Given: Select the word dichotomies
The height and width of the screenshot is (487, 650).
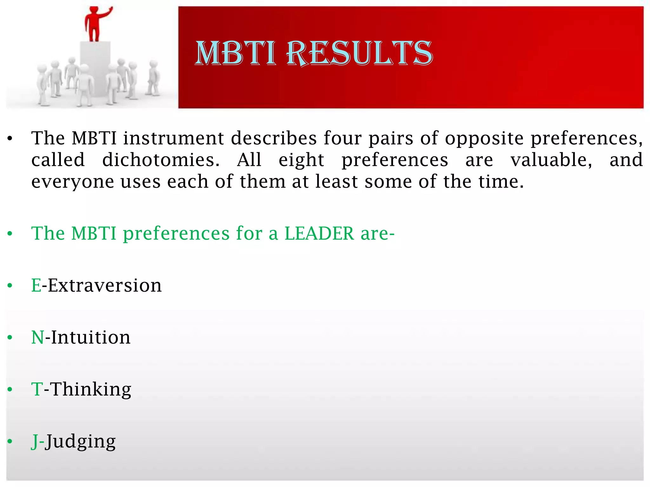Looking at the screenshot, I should click(161, 160).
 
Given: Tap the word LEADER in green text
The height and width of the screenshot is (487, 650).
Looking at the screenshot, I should click(319, 234).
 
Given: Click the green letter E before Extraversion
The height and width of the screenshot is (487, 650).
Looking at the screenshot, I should click(36, 285).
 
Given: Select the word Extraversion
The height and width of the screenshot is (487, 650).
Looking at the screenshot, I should click(105, 285).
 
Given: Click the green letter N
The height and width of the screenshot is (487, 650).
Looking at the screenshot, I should click(37, 337).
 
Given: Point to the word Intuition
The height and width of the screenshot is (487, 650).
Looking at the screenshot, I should click(91, 337).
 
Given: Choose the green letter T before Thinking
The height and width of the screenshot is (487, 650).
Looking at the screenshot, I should click(37, 389).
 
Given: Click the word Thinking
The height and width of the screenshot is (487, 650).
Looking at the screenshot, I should click(91, 389).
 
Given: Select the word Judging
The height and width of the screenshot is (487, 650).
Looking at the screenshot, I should click(81, 442).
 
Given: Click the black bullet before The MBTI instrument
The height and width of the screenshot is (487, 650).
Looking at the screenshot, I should click(10, 139).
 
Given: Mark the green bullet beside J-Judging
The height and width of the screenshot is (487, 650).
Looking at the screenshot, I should click(10, 442).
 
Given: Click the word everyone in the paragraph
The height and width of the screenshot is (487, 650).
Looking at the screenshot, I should click(73, 182).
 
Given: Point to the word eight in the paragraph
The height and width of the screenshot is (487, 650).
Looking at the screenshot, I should click(301, 160).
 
